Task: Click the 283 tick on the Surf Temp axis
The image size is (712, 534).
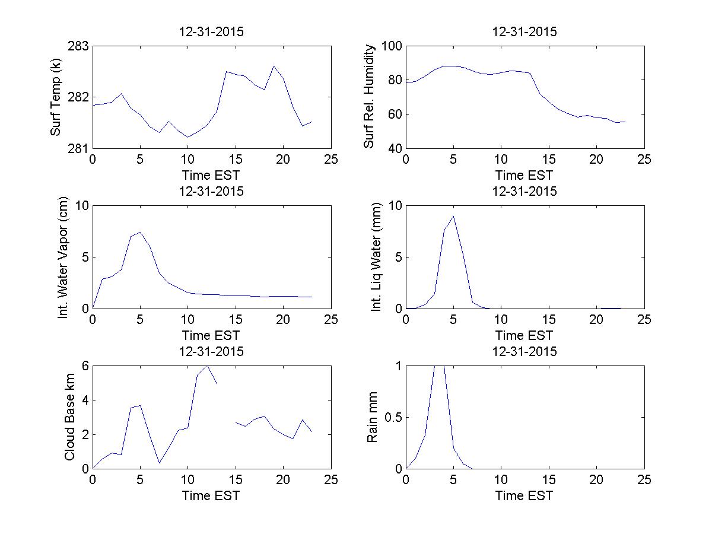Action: coord(80,46)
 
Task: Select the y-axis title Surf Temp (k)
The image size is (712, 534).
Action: coord(56,97)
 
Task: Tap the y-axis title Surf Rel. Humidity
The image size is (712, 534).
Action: coord(370,97)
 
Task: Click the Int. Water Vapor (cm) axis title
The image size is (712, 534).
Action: coord(63,257)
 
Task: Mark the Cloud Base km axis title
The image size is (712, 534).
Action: coord(69,417)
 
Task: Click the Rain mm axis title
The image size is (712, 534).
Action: coord(373,417)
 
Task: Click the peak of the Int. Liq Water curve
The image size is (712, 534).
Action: coord(453,216)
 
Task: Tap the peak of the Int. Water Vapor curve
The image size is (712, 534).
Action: coord(140,232)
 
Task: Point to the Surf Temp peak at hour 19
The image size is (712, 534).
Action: coord(274,66)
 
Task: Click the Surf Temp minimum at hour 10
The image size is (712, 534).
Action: coord(187,137)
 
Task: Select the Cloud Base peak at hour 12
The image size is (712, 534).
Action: coord(207,365)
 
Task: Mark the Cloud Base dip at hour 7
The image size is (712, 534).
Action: coord(159,463)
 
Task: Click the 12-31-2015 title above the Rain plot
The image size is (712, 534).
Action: coord(525,351)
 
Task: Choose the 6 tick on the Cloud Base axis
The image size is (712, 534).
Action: coord(85,366)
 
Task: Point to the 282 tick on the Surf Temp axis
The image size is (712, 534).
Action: coord(80,97)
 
